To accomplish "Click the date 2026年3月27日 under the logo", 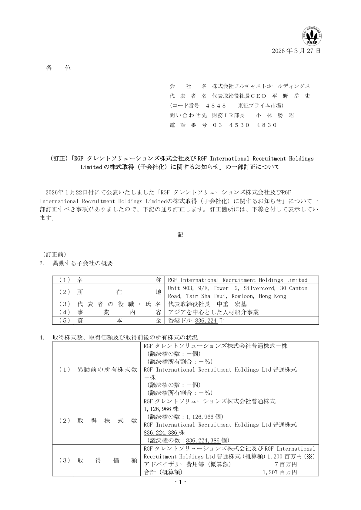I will tap(296, 51).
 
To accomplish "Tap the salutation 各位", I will tap(59, 68).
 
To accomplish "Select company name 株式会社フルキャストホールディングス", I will tap(261, 86).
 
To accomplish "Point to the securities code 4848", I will tap(216, 106).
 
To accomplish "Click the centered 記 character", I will tap(180, 235).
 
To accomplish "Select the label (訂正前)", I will tap(54, 254).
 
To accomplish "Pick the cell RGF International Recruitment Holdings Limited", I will tap(237, 280).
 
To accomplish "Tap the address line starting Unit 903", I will tap(237, 288).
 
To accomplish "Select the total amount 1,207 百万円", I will tap(280, 472).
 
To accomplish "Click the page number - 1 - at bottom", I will tap(180, 482).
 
